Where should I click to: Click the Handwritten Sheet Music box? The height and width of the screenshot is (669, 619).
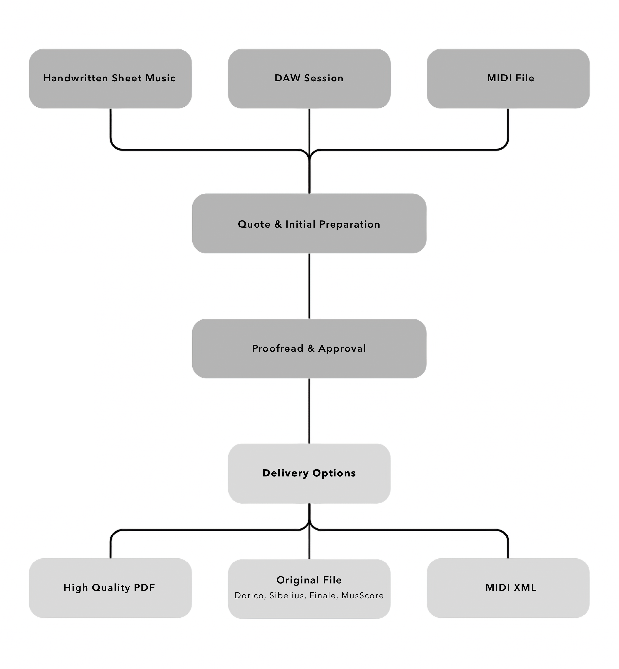pos(110,78)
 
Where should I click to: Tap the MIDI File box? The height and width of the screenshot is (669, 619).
pos(508,78)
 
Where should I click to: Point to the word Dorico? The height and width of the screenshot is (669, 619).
pos(250,596)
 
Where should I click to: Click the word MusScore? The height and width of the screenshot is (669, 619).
pos(362,596)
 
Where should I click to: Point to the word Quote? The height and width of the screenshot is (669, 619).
pos(254,224)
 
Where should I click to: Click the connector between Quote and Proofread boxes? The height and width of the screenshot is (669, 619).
pos(309,286)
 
